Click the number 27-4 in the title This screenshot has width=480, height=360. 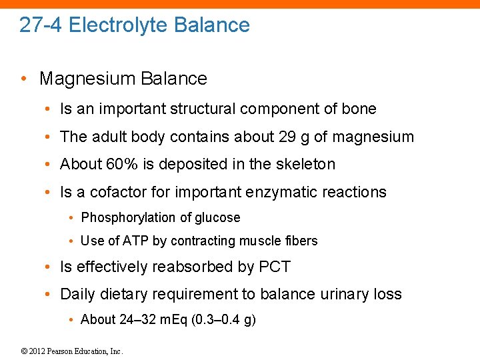click(x=41, y=25)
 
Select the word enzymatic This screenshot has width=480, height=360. click(x=278, y=193)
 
